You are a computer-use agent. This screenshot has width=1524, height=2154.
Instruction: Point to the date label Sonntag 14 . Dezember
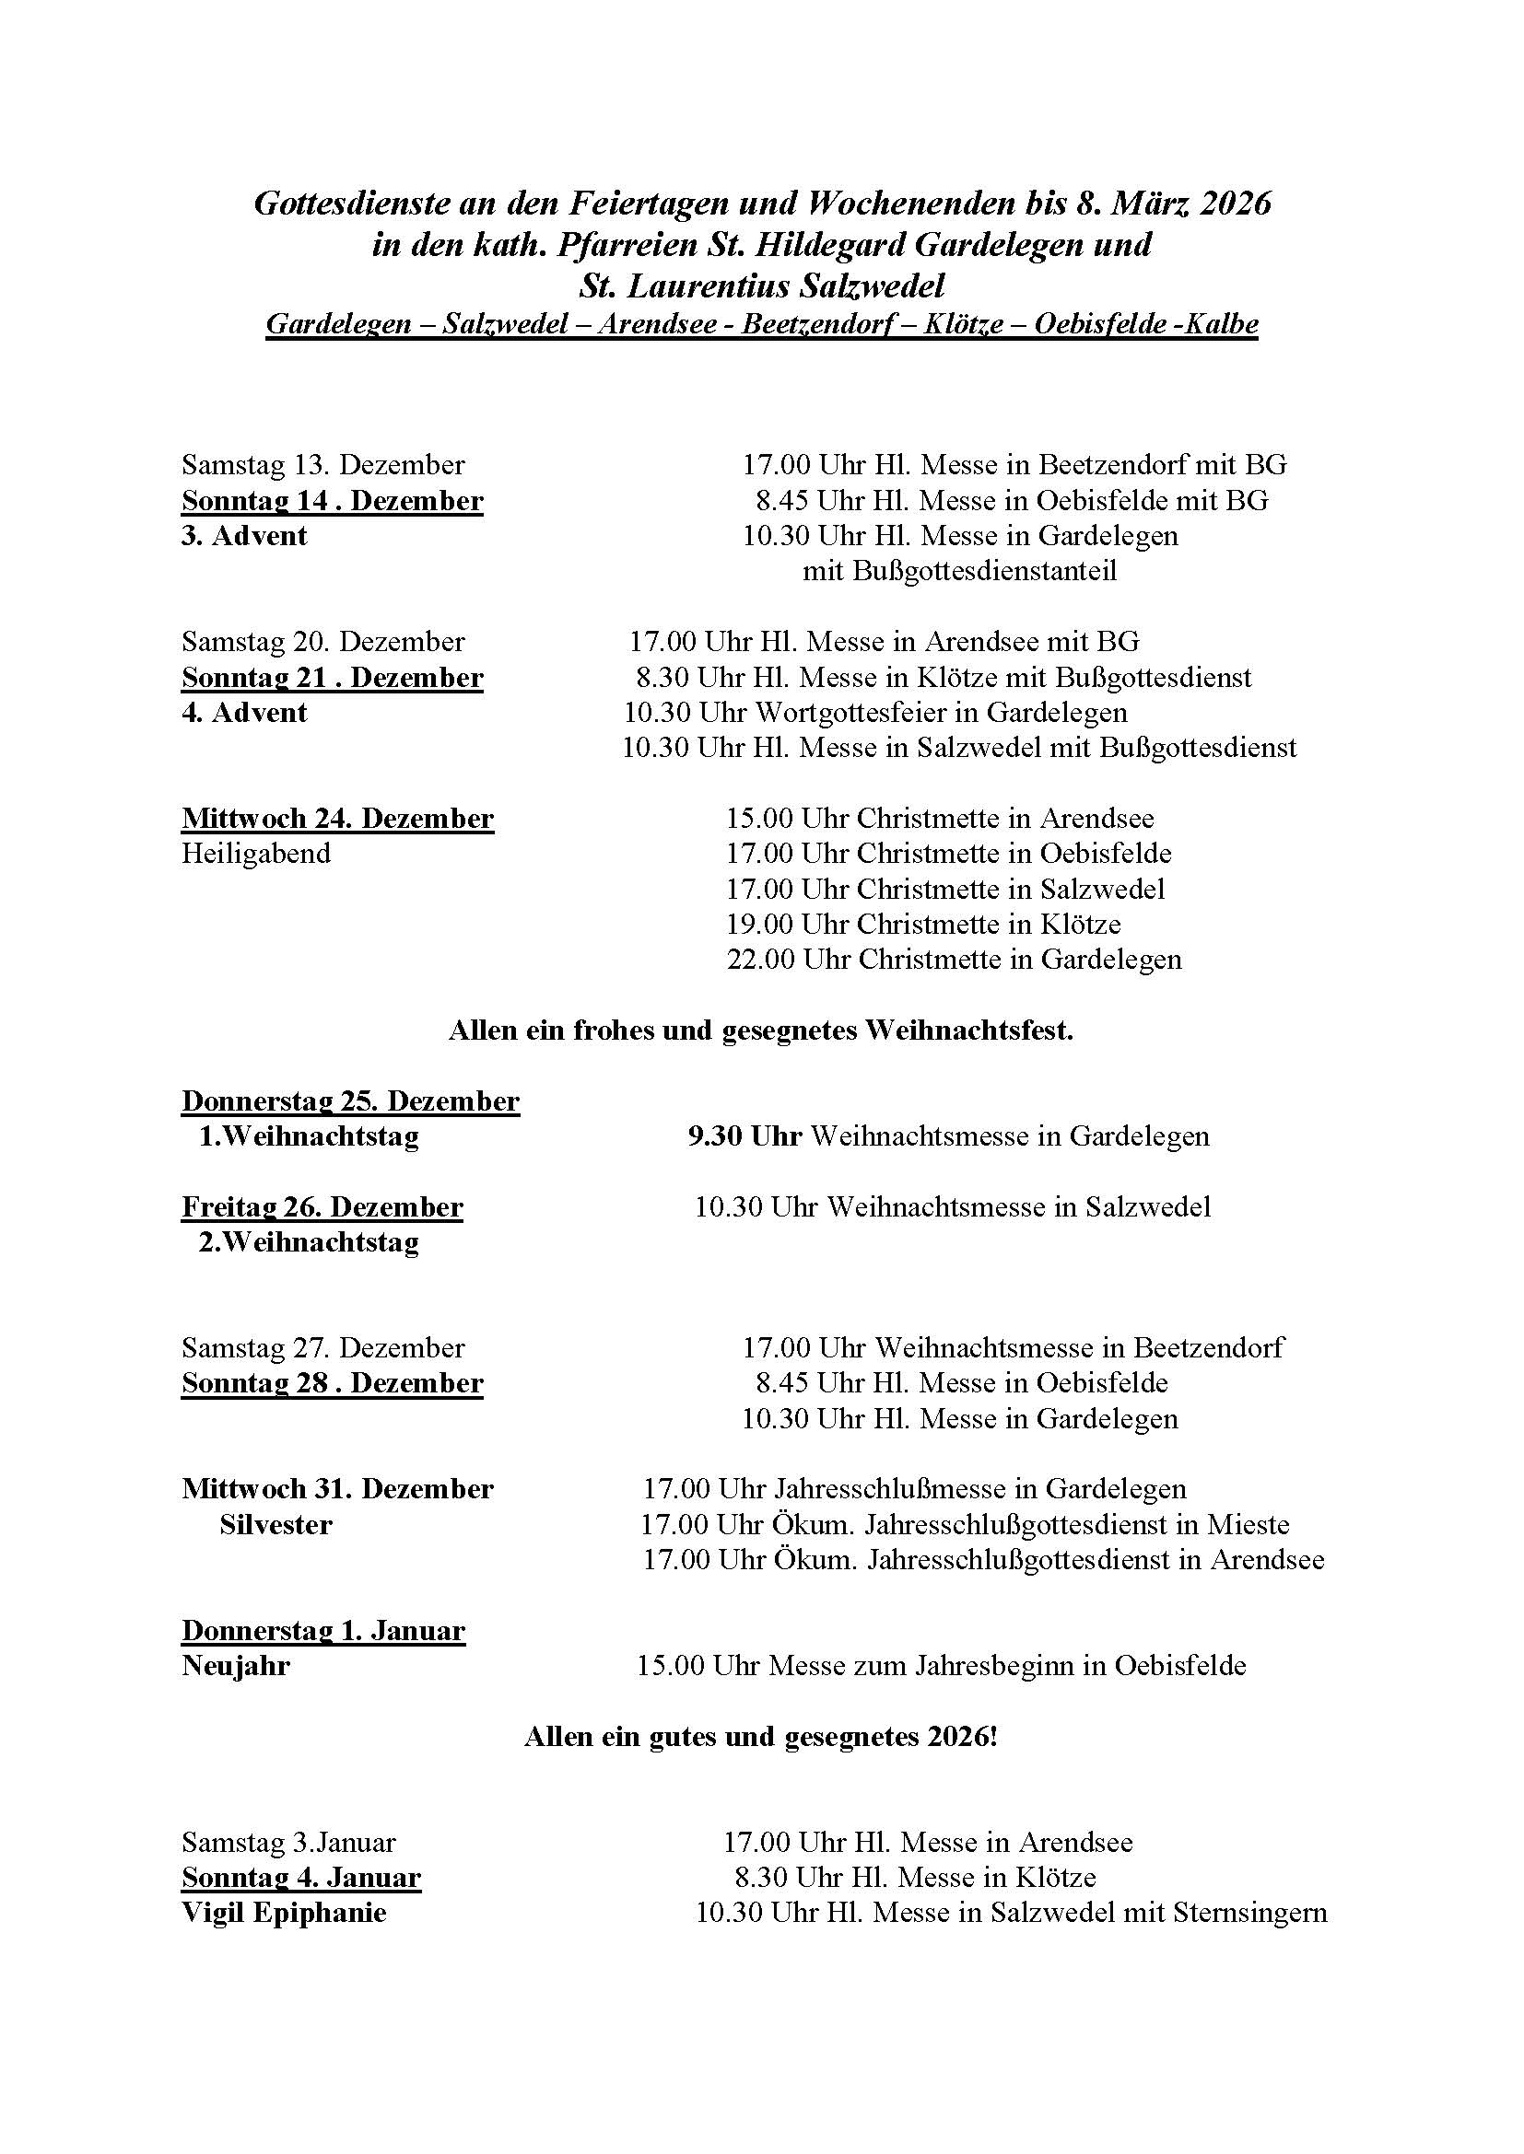(x=333, y=501)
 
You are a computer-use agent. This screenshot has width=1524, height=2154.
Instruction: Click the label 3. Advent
(x=244, y=536)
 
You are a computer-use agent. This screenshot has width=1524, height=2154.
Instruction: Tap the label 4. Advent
(x=244, y=713)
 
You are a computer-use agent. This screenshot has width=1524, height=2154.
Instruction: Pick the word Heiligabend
(x=256, y=854)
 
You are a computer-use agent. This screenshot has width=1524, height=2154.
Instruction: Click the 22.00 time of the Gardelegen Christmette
(x=760, y=960)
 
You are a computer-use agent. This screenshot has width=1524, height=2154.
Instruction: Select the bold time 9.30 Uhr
(x=744, y=1137)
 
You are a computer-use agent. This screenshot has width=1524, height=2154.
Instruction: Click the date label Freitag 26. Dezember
(x=322, y=1207)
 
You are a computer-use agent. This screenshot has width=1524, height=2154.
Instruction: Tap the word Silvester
(x=275, y=1525)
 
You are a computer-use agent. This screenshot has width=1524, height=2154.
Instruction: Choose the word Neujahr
(x=236, y=1667)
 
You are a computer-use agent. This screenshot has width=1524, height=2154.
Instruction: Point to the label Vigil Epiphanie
(x=284, y=1914)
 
